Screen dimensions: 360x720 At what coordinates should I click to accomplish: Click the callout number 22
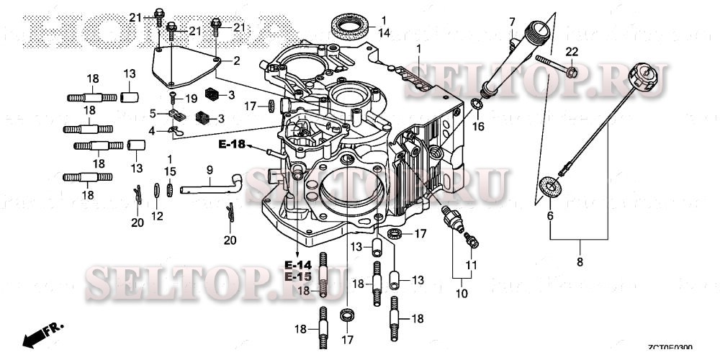tap(571, 51)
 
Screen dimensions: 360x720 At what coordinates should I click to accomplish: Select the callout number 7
tap(512, 21)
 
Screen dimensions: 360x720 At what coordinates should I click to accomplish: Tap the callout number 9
tap(210, 170)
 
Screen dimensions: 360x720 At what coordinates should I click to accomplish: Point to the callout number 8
tap(580, 263)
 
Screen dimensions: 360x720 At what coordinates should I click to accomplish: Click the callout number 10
tap(461, 293)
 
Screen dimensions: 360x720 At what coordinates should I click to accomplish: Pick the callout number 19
tap(191, 98)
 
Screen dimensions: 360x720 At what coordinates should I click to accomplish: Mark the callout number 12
tap(158, 215)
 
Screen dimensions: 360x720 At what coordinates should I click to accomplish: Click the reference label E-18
tap(233, 145)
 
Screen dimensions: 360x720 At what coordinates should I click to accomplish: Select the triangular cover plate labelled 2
tap(184, 63)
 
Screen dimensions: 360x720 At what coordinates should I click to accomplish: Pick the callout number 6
tap(550, 216)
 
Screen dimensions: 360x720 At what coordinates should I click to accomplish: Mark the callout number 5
tap(153, 113)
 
